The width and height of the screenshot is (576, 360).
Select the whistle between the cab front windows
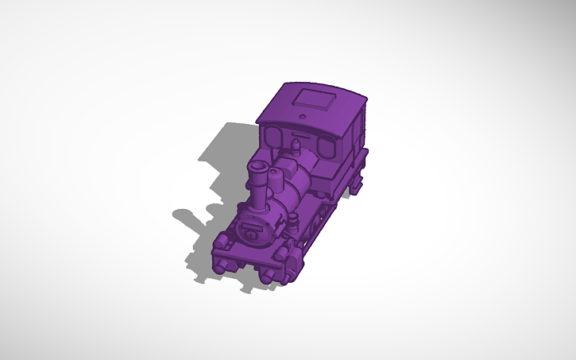click(x=297, y=145)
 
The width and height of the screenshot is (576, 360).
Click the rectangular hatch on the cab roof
click(x=315, y=100)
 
